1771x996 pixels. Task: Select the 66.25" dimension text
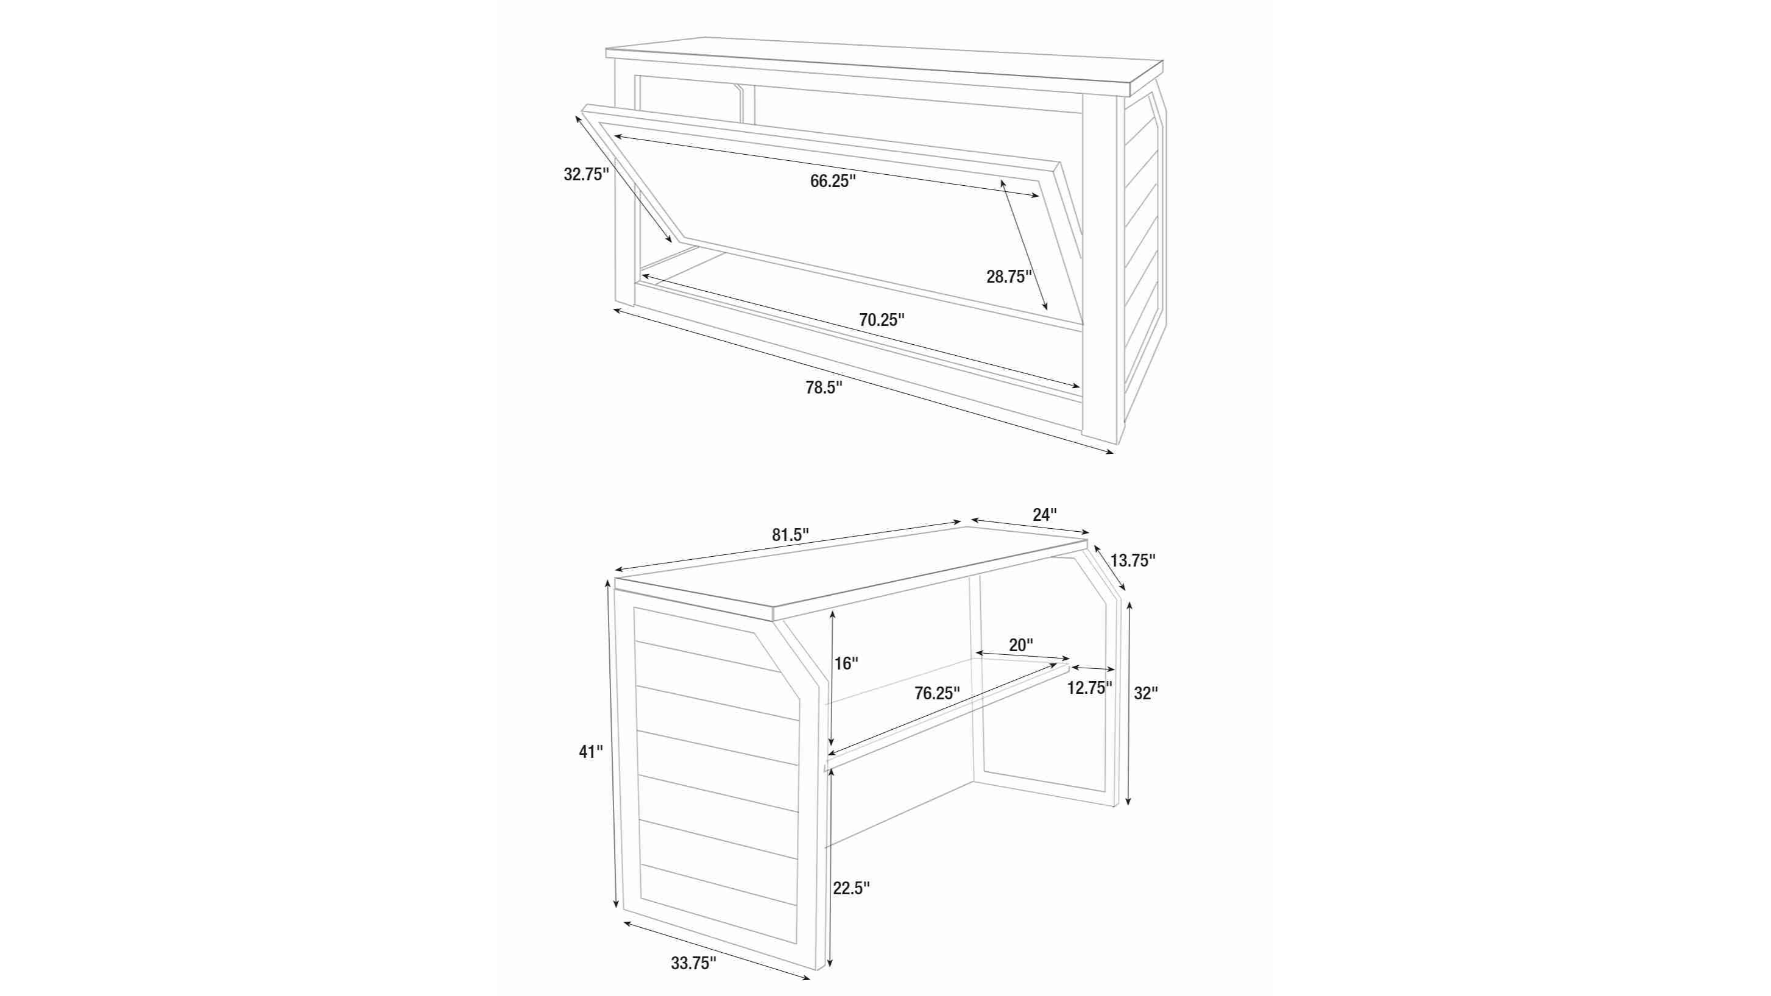pyautogui.click(x=833, y=182)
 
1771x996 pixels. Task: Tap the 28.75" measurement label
pyautogui.click(x=1009, y=277)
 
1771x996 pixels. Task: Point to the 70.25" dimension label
pyautogui.click(x=882, y=320)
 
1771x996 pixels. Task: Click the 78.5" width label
pyautogui.click(x=824, y=387)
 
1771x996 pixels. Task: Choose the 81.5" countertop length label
pyautogui.click(x=790, y=535)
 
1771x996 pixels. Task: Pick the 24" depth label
pyautogui.click(x=1044, y=514)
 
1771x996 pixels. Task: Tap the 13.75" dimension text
pyautogui.click(x=1133, y=561)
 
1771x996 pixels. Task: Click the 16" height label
pyautogui.click(x=846, y=663)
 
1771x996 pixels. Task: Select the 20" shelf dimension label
pyautogui.click(x=1021, y=645)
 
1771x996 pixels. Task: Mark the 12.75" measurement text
pyautogui.click(x=1090, y=688)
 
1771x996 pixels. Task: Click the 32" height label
pyautogui.click(x=1146, y=694)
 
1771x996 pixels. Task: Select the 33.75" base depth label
pyautogui.click(x=694, y=964)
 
